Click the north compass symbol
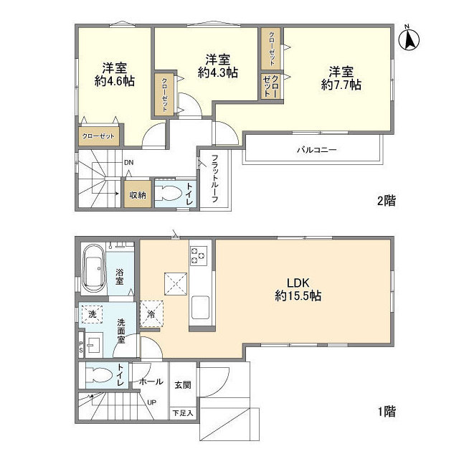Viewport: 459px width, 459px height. tap(410, 39)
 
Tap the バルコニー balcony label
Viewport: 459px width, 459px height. tap(317, 150)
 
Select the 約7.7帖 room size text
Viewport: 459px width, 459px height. tap(341, 85)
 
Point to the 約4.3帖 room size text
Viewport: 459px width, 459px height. tap(218, 72)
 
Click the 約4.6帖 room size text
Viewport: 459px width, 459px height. tap(115, 81)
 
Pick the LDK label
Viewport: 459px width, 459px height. tap(298, 283)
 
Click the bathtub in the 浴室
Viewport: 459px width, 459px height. tap(94, 270)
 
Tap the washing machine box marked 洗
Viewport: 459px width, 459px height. tap(92, 314)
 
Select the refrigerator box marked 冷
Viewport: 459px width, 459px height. tap(151, 314)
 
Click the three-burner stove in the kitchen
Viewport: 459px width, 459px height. tap(199, 256)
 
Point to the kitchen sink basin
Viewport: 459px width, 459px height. tap(200, 307)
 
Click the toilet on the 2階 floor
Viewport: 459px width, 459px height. tap(167, 193)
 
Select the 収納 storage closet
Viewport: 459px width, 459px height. tap(138, 194)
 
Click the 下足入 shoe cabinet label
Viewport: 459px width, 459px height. tap(183, 413)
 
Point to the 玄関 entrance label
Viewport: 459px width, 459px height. tap(183, 385)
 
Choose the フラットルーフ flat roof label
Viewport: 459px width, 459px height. tap(214, 179)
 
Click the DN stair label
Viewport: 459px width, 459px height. tap(128, 163)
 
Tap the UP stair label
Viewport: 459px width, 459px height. tap(151, 403)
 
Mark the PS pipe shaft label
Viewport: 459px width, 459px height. tap(81, 347)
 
